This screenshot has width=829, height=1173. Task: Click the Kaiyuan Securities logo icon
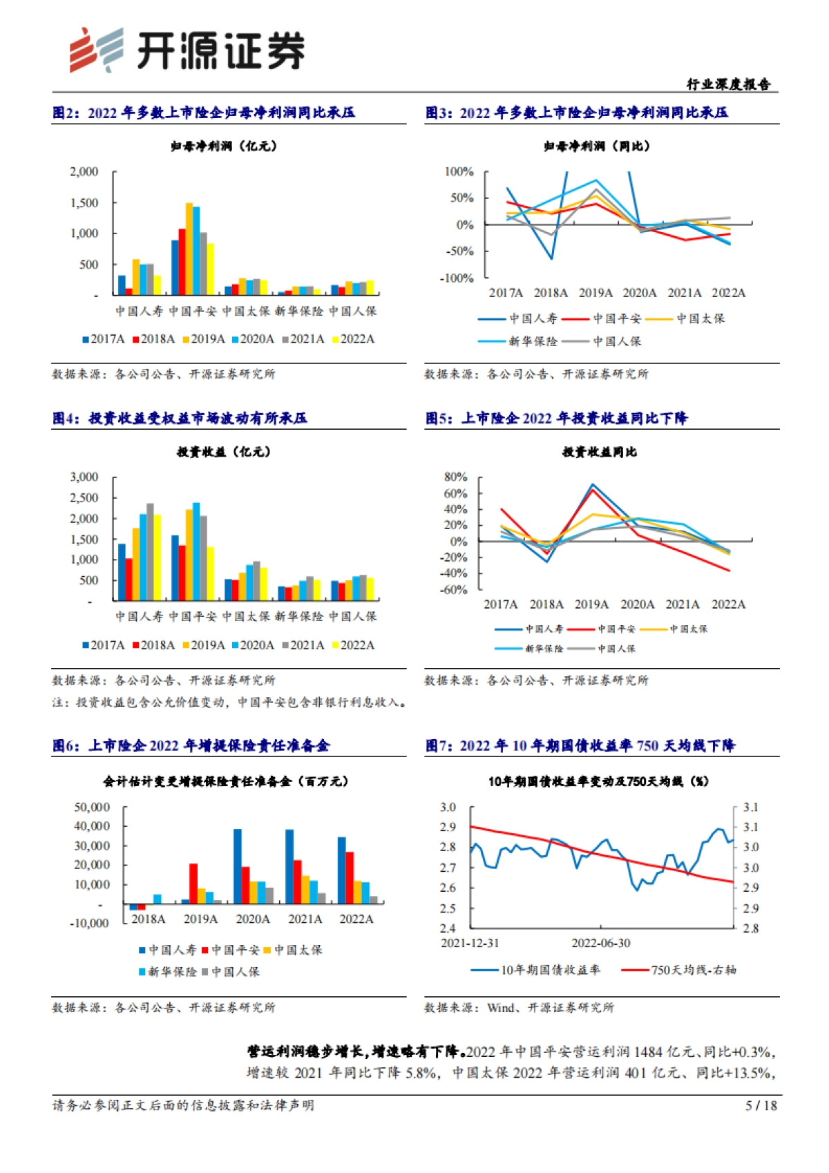(96, 50)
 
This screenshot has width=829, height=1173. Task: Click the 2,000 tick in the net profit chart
(84, 171)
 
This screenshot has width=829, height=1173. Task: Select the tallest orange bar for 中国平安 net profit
(189, 249)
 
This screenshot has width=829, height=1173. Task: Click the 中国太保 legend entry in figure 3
(700, 318)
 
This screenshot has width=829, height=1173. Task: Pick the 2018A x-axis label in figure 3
(551, 293)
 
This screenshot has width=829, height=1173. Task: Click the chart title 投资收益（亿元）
(224, 452)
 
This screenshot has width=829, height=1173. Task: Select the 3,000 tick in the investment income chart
(84, 477)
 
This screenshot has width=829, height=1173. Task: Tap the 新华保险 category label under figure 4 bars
(298, 616)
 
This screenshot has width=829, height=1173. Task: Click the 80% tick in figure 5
(456, 477)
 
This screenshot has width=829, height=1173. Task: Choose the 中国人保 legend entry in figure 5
(616, 649)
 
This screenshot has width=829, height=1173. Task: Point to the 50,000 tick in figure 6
(92, 807)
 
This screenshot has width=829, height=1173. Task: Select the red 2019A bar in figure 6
(193, 883)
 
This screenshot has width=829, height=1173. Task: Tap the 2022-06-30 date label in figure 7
(600, 943)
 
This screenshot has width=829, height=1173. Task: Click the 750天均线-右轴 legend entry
(693, 970)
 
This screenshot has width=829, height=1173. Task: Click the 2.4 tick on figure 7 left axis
(448, 928)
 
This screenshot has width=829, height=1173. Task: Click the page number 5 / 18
(761, 1105)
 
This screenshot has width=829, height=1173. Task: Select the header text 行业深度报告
(728, 84)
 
